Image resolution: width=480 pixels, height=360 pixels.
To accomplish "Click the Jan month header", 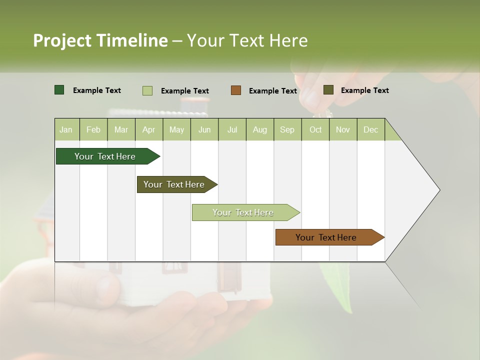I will [x=66, y=129].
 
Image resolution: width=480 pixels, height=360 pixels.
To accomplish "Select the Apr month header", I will [x=149, y=129].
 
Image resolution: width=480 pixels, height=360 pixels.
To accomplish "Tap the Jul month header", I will [x=232, y=129].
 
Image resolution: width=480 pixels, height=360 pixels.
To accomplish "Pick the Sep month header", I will [x=287, y=129].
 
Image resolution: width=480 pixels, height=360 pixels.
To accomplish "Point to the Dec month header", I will [x=370, y=129].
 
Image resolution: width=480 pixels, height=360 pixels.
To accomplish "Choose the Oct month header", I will [x=315, y=129].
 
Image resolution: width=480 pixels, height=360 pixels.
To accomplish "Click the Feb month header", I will [x=93, y=129].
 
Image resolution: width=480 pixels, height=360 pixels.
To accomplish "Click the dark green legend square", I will [x=59, y=90].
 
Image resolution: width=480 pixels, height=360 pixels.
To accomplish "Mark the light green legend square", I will [x=147, y=90].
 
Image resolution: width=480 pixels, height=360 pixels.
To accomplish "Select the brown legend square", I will [x=236, y=90].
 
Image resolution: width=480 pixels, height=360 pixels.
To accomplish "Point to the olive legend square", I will [x=328, y=90].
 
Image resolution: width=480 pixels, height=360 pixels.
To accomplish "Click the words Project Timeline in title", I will [x=100, y=40].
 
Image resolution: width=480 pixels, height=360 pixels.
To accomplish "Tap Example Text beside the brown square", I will [x=272, y=91].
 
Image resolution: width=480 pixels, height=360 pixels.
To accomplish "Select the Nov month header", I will [x=343, y=129].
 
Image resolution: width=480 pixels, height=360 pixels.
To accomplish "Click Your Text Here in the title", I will [x=247, y=40].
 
